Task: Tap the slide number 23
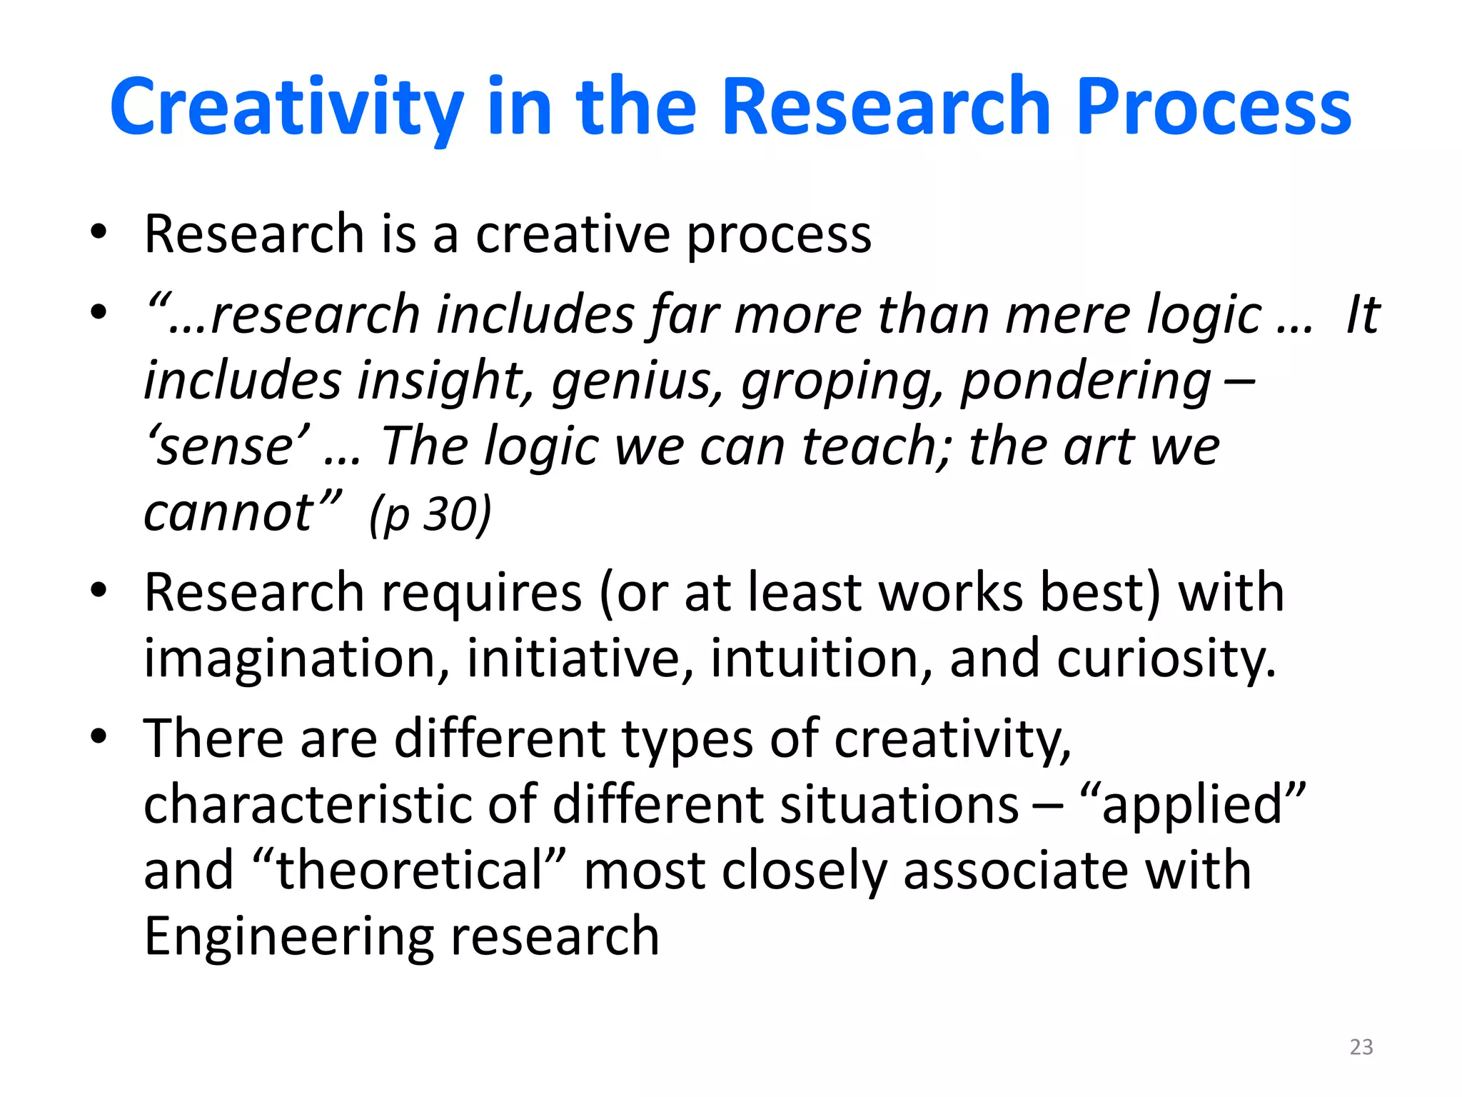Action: pyautogui.click(x=1361, y=1047)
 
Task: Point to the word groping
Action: pyautogui.click(x=841, y=381)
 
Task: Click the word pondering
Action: pyautogui.click(x=1085, y=381)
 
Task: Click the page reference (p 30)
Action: pyautogui.click(x=430, y=514)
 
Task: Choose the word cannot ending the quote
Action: pyautogui.click(x=228, y=514)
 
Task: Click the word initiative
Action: pyautogui.click(x=580, y=658)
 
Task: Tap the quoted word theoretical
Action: pyautogui.click(x=410, y=871)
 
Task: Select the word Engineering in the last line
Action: pyautogui.click(x=288, y=937)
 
